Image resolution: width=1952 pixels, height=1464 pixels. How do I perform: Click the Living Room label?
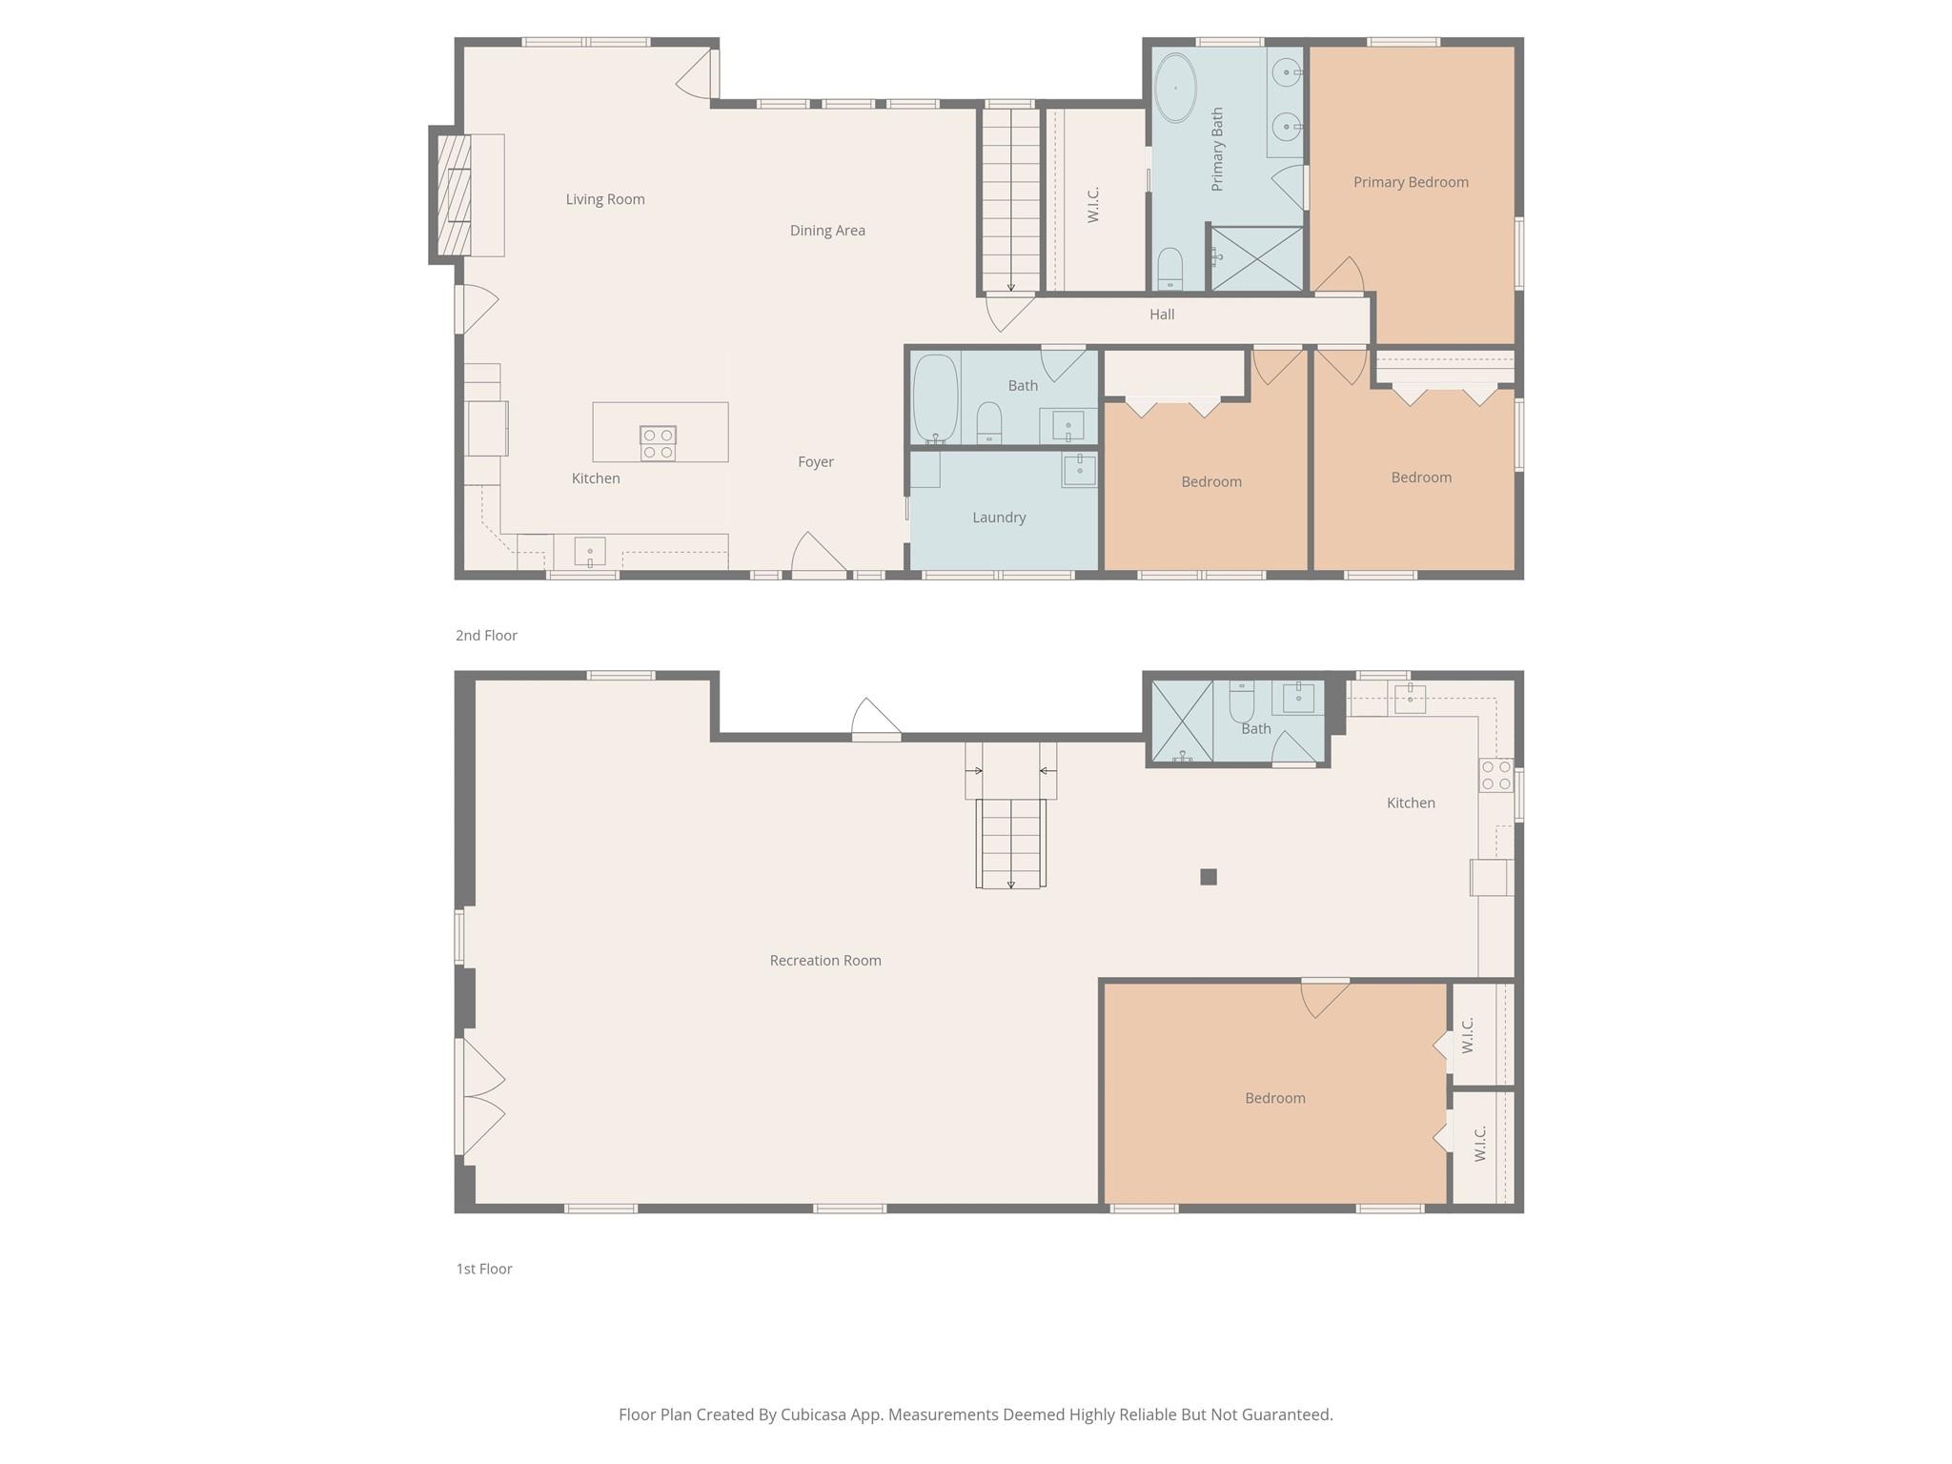click(x=605, y=199)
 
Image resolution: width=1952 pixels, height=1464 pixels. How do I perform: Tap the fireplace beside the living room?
click(x=454, y=195)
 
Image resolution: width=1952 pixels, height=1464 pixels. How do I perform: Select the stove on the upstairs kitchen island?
click(x=658, y=443)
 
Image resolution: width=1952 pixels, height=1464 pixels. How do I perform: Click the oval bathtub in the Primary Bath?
click(x=1175, y=88)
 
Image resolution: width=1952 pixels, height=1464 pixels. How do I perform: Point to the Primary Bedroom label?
click(x=1411, y=182)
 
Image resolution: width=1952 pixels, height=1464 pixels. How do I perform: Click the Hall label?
click(x=1161, y=315)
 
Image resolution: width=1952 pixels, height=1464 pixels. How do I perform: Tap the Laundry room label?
click(x=999, y=518)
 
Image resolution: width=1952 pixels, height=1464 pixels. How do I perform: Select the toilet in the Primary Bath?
click(x=1169, y=268)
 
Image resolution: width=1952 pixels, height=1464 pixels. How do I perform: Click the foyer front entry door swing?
click(x=818, y=555)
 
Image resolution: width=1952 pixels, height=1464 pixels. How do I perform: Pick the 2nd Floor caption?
click(x=486, y=636)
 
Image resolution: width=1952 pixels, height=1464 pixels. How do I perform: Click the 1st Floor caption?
click(x=484, y=1269)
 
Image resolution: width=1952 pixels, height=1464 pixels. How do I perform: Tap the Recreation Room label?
click(x=825, y=961)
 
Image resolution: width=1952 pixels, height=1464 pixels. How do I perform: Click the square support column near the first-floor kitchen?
click(x=1208, y=877)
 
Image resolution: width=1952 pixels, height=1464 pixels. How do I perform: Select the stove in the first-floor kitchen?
click(x=1495, y=776)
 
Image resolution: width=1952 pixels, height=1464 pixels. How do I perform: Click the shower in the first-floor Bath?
click(x=1182, y=722)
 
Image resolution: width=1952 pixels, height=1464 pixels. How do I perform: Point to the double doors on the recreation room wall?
click(x=481, y=1096)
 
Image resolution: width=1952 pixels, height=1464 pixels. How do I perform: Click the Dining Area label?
click(x=827, y=231)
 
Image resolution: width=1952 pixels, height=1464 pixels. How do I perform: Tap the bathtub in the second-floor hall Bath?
click(x=935, y=397)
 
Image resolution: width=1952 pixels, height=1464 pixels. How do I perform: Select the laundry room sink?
click(x=1079, y=470)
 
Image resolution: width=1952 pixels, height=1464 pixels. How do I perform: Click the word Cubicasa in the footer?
click(x=817, y=1414)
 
